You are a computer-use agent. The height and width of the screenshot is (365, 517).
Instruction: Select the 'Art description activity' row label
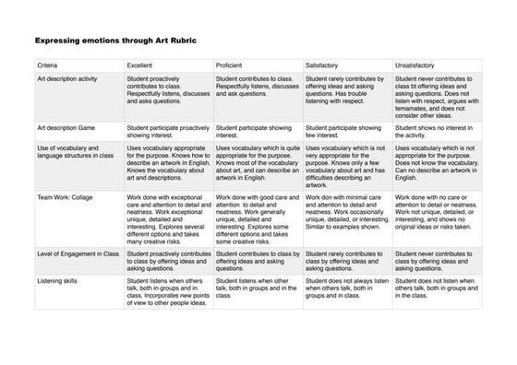point(70,81)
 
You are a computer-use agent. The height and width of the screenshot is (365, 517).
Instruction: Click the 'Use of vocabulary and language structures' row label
point(75,151)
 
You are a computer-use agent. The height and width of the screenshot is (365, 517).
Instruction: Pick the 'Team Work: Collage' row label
point(66,197)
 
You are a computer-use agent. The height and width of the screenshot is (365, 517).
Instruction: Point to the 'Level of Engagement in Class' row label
point(78,253)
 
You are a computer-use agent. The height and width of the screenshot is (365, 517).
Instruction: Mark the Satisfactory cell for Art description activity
point(346,91)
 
